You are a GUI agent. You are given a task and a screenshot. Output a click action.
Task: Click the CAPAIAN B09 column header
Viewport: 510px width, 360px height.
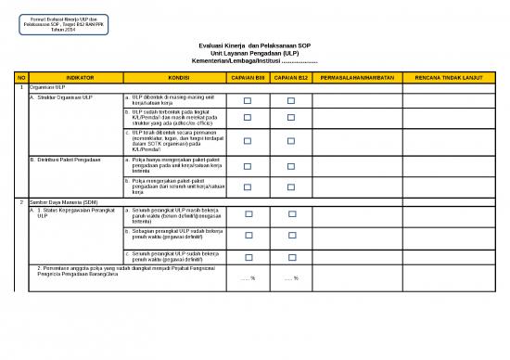click(248, 77)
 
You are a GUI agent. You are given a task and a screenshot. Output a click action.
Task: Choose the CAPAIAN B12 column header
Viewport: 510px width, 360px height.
click(292, 77)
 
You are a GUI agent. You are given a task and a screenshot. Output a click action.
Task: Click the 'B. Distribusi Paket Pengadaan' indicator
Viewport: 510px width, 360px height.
click(65, 160)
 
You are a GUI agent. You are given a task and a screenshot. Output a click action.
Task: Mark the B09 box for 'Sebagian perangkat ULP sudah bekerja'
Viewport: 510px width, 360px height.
click(248, 236)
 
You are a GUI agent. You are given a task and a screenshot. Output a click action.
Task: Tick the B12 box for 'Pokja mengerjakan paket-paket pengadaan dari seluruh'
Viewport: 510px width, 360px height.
click(292, 186)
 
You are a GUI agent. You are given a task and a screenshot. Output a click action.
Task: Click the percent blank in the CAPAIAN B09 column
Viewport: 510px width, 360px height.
click(248, 277)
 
